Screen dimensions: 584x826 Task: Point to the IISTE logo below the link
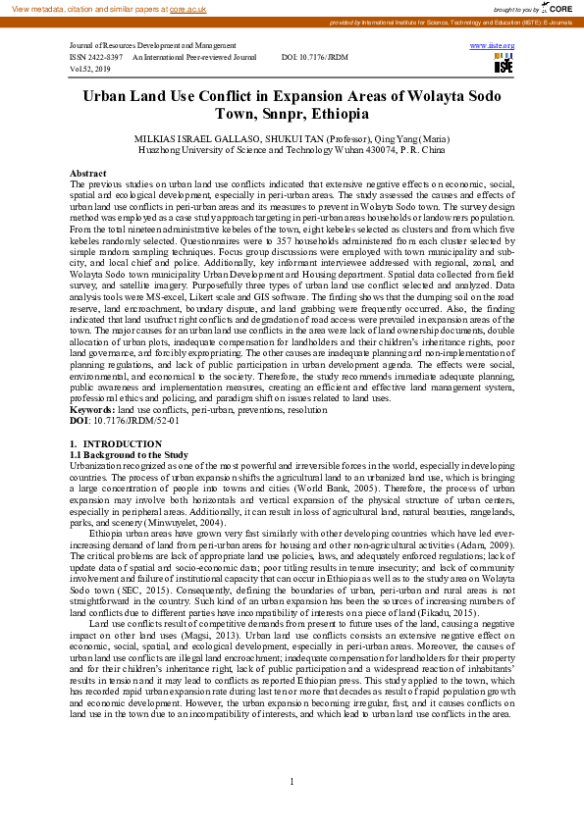(x=504, y=64)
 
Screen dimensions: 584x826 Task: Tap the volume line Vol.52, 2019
(x=90, y=70)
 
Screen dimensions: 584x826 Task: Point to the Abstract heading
(x=88, y=172)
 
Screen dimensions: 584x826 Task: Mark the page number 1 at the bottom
(x=292, y=781)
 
